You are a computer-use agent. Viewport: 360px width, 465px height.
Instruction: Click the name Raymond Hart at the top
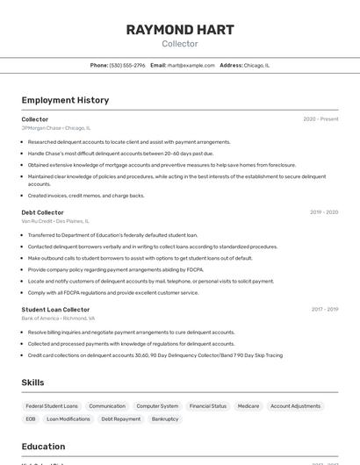click(x=180, y=30)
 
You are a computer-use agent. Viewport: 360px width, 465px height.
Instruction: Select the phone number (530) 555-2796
click(x=127, y=65)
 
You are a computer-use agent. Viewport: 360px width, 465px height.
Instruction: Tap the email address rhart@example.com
click(x=191, y=65)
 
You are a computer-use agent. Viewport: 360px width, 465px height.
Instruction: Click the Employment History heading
click(x=65, y=100)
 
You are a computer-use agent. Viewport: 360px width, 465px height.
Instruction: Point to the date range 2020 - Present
click(x=320, y=119)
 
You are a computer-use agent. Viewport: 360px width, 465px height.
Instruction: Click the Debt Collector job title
click(x=43, y=212)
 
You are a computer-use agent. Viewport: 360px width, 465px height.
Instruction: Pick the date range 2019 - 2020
click(x=324, y=212)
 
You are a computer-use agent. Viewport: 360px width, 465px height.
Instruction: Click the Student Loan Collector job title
click(x=55, y=310)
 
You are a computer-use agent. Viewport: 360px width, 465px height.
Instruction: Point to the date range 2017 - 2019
click(x=324, y=310)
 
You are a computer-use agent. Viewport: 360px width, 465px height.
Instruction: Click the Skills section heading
click(x=33, y=383)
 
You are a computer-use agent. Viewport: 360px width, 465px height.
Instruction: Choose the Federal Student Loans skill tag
click(x=52, y=406)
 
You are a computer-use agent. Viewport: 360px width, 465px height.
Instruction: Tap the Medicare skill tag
click(x=248, y=406)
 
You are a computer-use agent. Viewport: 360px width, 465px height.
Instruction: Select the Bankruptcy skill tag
click(x=165, y=419)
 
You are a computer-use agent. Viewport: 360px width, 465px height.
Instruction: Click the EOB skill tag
click(x=31, y=419)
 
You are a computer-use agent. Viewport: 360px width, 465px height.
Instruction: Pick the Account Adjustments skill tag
click(x=295, y=406)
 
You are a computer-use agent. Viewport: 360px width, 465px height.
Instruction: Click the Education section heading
click(x=43, y=447)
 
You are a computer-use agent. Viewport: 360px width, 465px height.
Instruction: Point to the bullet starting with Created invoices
click(x=86, y=196)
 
